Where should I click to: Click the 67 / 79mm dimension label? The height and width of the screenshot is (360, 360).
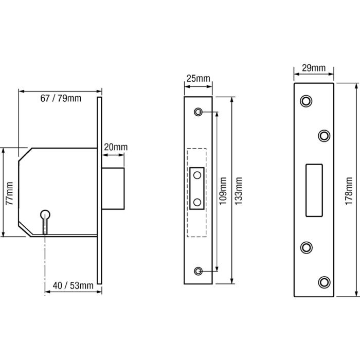[61, 99]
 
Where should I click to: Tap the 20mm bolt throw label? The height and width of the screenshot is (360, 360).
[116, 147]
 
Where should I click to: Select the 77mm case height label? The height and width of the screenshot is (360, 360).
[9, 193]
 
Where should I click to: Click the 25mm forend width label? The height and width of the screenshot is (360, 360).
[198, 79]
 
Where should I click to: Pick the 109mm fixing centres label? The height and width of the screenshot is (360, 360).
[223, 191]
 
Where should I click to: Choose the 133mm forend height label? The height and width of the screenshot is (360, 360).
[239, 191]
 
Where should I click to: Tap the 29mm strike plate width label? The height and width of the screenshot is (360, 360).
[313, 68]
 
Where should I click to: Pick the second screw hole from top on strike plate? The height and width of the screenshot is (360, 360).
[323, 135]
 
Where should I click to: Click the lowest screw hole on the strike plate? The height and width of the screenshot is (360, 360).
[323, 281]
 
